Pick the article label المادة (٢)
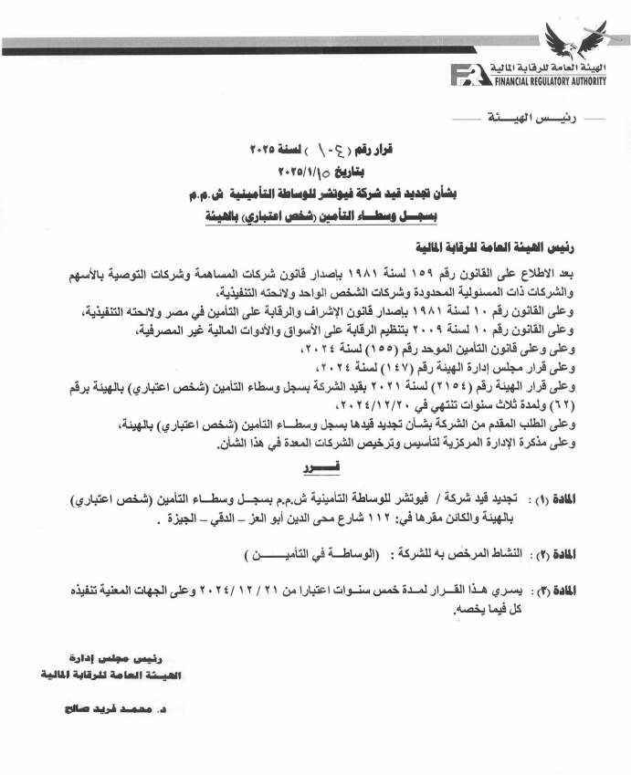pos(593,554)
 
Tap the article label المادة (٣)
pos(593,591)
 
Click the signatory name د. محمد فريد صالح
pos(118,708)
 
